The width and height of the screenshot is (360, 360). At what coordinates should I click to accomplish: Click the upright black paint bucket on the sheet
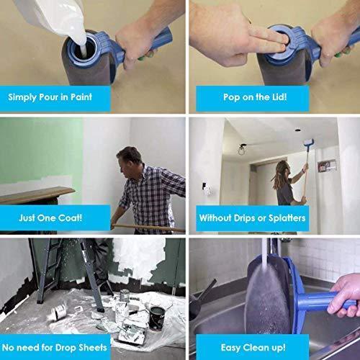pyautogui.click(x=157, y=317)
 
